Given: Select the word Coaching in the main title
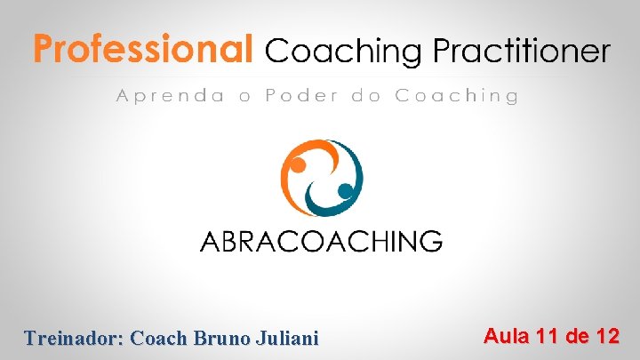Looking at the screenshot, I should coord(344,52).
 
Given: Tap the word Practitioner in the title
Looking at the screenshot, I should coord(521,51).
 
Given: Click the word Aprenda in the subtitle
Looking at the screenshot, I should coord(170,96).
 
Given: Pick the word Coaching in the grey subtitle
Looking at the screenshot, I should coord(456,96).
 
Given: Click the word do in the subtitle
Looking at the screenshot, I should coord(365,96).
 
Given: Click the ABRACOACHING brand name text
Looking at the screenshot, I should coord(320,241).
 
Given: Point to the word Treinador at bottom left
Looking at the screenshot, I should coord(75,338).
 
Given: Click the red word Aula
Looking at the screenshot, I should coord(506,336).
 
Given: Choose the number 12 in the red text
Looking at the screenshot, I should coord(607,336).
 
